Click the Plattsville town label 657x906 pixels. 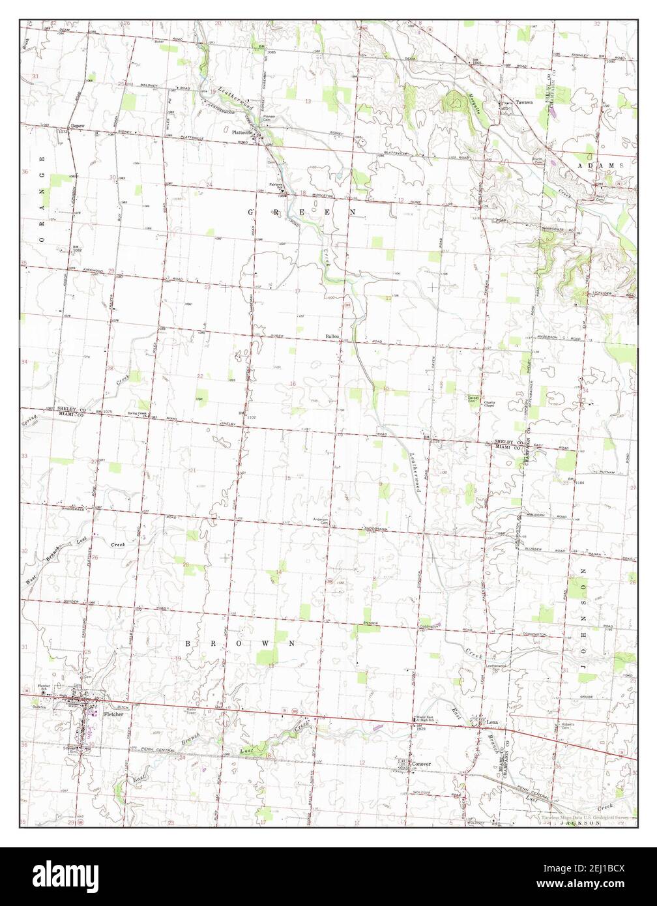tap(242, 132)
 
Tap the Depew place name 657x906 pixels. tap(78, 126)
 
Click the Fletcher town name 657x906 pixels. tap(113, 714)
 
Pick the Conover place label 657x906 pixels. tap(420, 764)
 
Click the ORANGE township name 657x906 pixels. tap(43, 199)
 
